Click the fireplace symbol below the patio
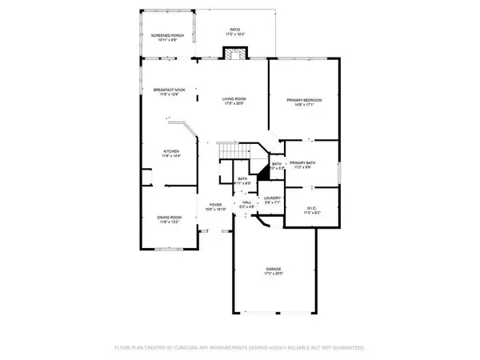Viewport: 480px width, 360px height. click(234, 54)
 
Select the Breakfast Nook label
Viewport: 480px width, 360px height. click(169, 90)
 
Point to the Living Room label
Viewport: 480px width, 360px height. click(234, 98)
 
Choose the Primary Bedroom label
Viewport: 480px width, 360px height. click(303, 99)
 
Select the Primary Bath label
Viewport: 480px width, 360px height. click(303, 162)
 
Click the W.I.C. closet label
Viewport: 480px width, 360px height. click(312, 208)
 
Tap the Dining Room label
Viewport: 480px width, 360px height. click(169, 218)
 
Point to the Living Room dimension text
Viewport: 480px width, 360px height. click(234, 104)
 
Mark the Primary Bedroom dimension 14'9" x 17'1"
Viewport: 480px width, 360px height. click(303, 105)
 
